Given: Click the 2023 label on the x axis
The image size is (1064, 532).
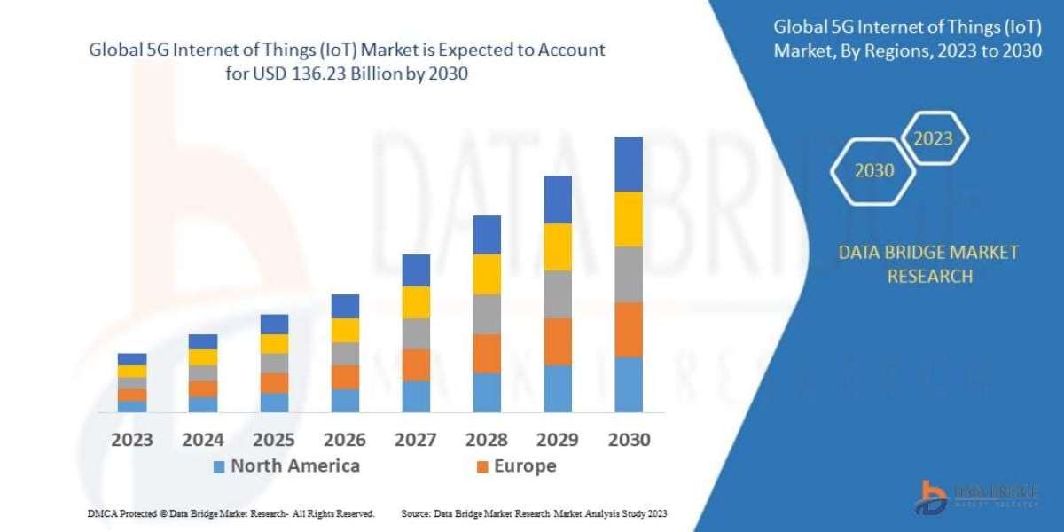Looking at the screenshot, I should (x=132, y=440).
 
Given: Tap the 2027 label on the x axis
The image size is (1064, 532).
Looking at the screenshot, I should (x=416, y=440).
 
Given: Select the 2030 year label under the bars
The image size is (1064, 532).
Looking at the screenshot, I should (x=629, y=440).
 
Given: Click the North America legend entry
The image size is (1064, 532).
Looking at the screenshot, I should (x=286, y=466).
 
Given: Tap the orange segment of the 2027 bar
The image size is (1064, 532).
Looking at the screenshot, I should (x=416, y=364).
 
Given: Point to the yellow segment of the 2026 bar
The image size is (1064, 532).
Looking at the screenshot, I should (x=345, y=330).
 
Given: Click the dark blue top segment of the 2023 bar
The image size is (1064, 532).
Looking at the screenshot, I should (x=132, y=359).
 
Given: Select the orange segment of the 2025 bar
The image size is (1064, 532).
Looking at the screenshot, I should (x=274, y=382).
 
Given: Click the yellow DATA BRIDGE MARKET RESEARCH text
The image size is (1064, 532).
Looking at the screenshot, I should (x=927, y=264).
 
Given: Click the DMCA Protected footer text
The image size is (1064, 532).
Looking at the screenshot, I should (x=231, y=513).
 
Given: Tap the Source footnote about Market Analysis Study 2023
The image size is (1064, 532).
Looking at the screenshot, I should (x=534, y=513).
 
